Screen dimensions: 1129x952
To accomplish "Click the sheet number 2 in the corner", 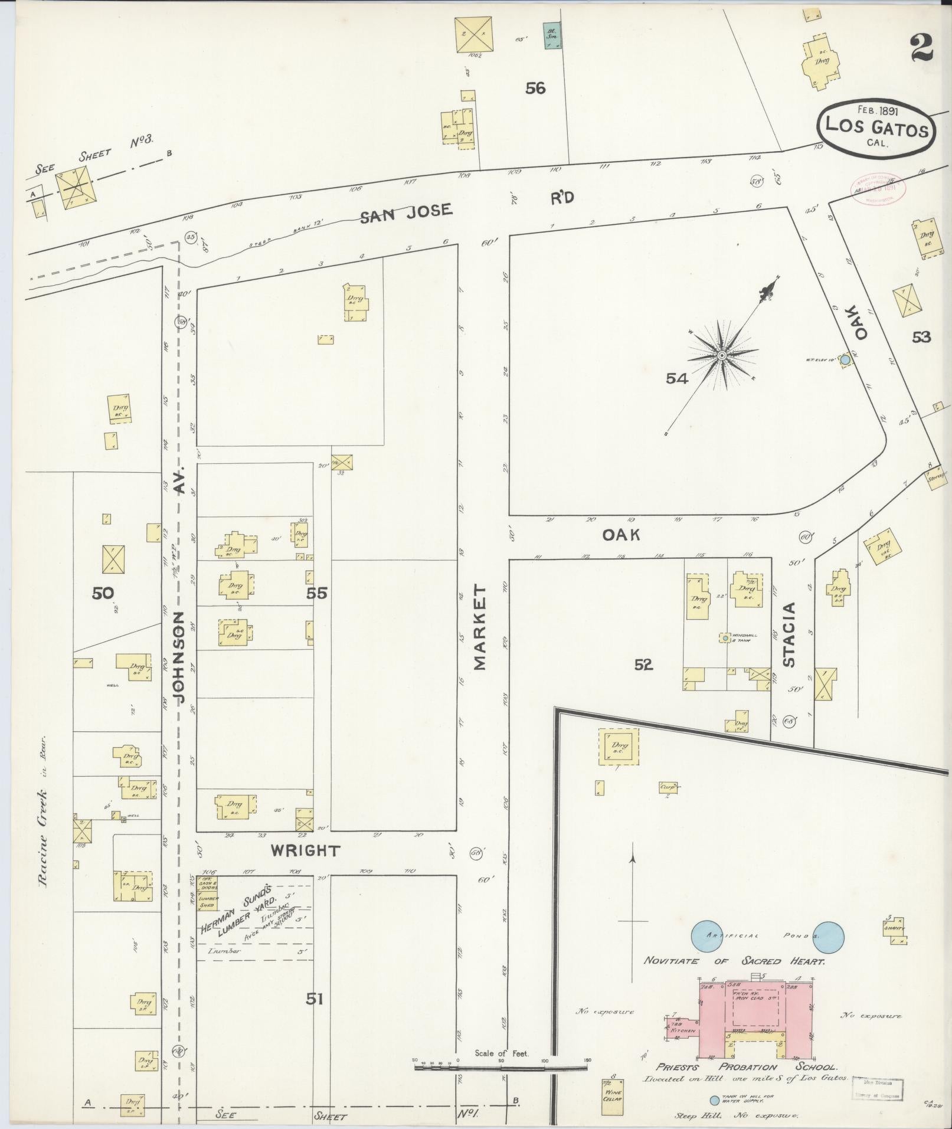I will pyautogui.click(x=921, y=49).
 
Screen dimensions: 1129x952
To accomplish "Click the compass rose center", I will pyautogui.click(x=722, y=355).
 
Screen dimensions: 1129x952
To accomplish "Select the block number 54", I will pyautogui.click(x=677, y=379).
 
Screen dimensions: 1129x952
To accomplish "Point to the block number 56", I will pyautogui.click(x=535, y=89).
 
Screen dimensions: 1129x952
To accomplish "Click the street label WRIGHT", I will pyautogui.click(x=305, y=850).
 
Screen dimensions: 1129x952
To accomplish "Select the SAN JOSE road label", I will pyautogui.click(x=407, y=212).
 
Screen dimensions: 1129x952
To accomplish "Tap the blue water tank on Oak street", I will pyautogui.click(x=845, y=359).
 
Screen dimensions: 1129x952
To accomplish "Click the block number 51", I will pyautogui.click(x=315, y=999).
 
